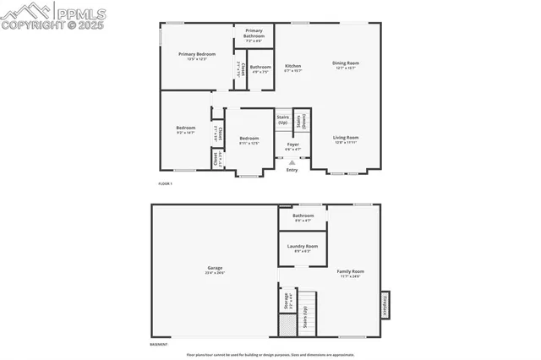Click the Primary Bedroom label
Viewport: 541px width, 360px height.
[192, 54]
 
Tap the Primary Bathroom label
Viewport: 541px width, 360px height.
[254, 33]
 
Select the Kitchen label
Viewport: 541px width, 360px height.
[292, 66]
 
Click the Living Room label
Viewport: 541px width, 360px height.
[345, 138]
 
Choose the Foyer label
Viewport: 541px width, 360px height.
[292, 145]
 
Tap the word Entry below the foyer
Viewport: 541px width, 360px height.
[292, 170]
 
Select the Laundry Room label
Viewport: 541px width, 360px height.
[303, 246]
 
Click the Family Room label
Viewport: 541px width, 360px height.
[350, 271]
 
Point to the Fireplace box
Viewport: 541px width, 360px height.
[385, 304]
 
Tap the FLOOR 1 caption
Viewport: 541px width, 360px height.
[165, 183]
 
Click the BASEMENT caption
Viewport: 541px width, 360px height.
[159, 345]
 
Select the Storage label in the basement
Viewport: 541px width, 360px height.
[286, 303]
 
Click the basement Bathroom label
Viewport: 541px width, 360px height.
[303, 215]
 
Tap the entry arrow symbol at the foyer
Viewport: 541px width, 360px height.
[292, 162]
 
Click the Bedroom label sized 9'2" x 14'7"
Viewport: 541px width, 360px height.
[185, 128]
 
